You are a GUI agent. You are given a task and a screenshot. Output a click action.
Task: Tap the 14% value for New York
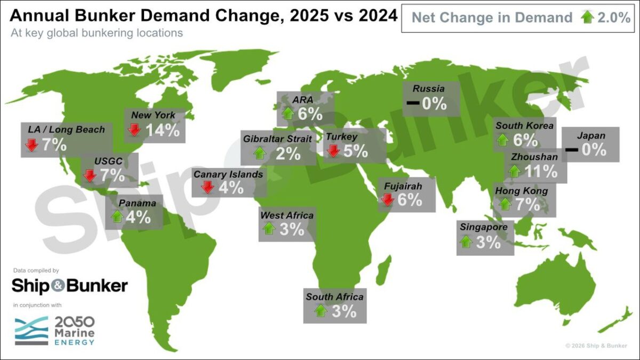[x=162, y=130]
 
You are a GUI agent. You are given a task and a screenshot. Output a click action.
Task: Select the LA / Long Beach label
[x=66, y=130]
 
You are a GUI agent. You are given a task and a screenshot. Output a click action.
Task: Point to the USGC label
[x=109, y=161]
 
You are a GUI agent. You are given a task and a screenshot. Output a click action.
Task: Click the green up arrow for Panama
[x=116, y=217]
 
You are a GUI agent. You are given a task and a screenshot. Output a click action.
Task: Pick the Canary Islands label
[x=228, y=174]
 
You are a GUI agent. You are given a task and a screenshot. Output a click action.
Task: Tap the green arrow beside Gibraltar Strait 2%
[x=260, y=154]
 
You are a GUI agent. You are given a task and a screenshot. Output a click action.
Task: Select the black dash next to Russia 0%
[x=412, y=103]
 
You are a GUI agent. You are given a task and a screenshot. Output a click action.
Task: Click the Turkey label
[x=341, y=137]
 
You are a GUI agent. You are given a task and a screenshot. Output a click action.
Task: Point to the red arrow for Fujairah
[x=388, y=199]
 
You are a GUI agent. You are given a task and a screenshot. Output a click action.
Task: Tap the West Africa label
[x=286, y=215]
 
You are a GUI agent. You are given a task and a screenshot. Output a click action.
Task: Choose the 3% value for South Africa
[x=343, y=311]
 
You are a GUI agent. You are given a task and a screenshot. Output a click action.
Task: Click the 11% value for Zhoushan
[x=541, y=171]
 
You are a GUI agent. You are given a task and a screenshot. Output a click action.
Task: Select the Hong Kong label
[x=521, y=190]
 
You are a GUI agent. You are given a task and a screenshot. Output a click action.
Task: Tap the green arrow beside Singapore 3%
[x=466, y=242]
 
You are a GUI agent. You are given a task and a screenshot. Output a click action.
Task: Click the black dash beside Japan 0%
[x=571, y=150]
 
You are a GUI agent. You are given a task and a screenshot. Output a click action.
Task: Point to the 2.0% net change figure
[x=614, y=18]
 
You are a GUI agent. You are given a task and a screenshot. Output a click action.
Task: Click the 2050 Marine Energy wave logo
[x=31, y=331]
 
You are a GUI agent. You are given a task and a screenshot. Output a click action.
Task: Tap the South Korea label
[x=524, y=126]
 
